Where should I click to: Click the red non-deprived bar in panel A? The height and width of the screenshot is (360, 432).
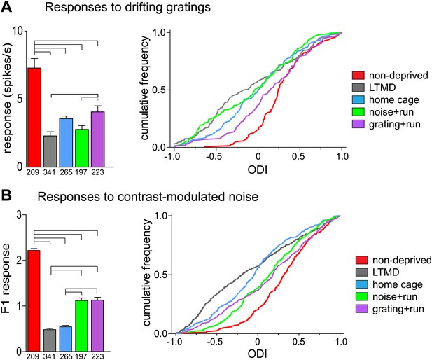point(34,117)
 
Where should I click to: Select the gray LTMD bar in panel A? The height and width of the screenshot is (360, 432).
point(50,151)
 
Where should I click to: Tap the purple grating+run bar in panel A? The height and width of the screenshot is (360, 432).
point(97,139)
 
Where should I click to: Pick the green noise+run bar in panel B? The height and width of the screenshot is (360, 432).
point(81,326)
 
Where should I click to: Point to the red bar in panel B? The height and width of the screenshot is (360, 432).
point(34,300)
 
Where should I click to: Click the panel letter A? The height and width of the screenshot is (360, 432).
point(6,6)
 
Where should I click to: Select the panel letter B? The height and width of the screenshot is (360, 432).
point(6,196)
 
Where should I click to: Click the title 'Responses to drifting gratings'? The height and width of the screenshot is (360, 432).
point(127,7)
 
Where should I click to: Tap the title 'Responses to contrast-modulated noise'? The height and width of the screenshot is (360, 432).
point(148,197)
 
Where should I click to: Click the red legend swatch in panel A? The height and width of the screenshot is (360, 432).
point(358,75)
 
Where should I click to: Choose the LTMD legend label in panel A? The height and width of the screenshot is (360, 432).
point(382,88)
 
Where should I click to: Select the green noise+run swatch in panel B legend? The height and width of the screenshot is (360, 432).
point(362,296)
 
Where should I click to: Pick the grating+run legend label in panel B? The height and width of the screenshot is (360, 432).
point(398,309)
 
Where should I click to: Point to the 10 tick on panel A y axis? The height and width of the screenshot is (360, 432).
point(18,31)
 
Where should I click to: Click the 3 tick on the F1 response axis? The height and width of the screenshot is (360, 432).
point(19,215)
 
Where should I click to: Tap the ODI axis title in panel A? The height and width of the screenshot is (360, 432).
point(258,169)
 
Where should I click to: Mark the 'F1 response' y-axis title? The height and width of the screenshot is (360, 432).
point(6,279)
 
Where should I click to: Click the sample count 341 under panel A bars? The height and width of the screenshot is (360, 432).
point(49,173)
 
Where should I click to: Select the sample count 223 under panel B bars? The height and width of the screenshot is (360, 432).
point(97,356)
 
